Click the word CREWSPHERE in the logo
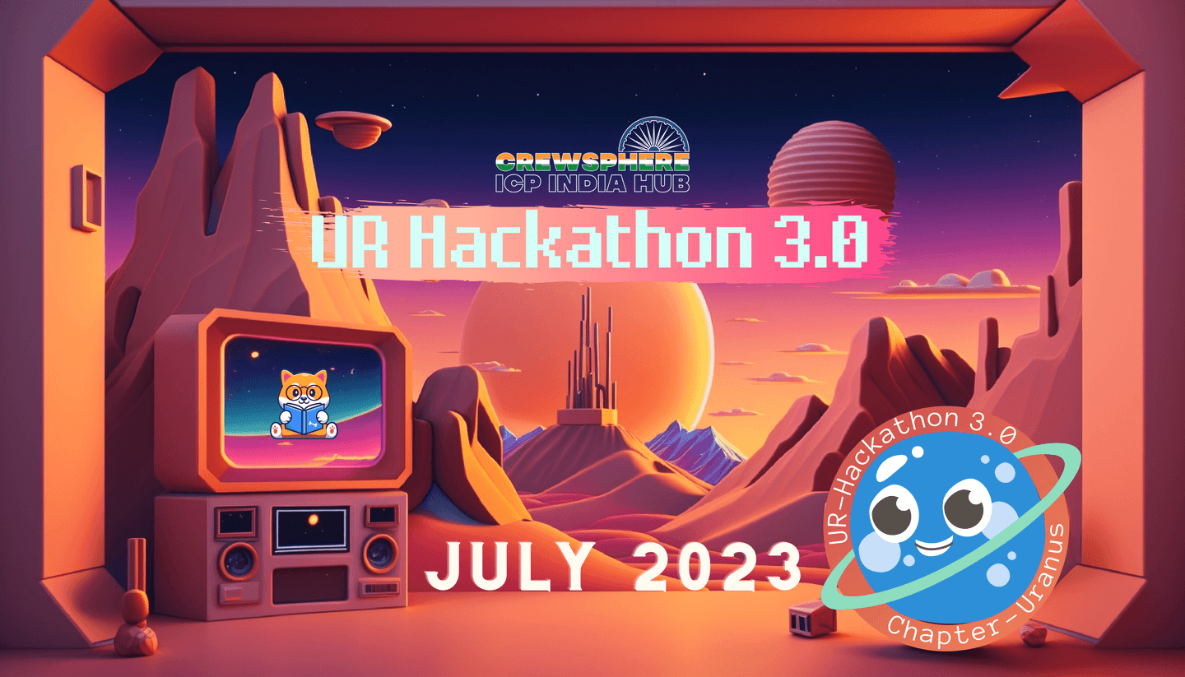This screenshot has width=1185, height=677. tap(592, 162)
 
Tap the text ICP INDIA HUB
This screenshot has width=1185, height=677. tap(592, 183)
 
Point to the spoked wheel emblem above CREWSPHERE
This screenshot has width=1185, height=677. tap(654, 135)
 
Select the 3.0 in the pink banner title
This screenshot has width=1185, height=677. tap(820, 241)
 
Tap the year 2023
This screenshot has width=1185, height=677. tap(718, 568)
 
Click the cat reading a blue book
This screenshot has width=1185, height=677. tap(304, 404)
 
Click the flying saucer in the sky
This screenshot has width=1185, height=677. tap(353, 128)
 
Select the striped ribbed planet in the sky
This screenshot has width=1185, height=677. tap(831, 165)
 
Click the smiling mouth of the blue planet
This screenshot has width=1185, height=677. tap(933, 545)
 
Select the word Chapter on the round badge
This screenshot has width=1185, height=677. tap(936, 633)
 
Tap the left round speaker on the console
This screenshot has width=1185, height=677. tap(239, 561)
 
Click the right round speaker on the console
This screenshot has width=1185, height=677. tap(380, 554)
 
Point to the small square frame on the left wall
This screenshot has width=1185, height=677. tap(86, 197)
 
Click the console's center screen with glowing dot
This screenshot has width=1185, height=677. tap(311, 530)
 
